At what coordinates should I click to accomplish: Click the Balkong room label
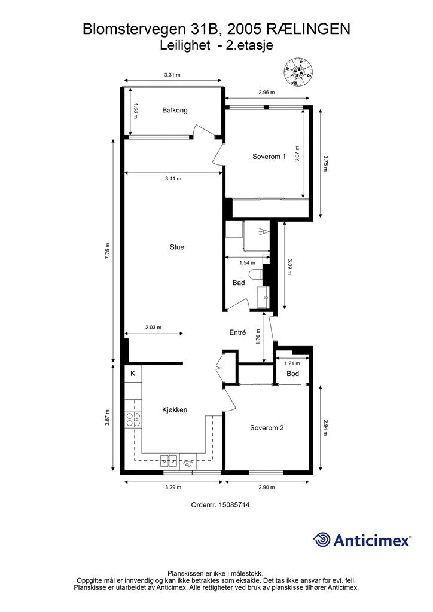(x=175, y=111)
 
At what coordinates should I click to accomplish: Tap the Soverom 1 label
(x=269, y=157)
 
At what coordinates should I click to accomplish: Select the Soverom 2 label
(x=267, y=428)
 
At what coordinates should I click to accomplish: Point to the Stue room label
(x=177, y=247)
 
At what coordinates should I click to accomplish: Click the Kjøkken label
(x=175, y=410)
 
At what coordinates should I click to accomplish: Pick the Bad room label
(x=239, y=283)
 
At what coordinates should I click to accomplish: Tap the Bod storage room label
(x=293, y=374)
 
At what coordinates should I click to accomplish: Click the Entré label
(x=237, y=332)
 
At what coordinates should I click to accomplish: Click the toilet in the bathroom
(x=256, y=274)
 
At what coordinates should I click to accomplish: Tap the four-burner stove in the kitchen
(x=133, y=420)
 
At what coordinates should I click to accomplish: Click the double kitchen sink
(x=169, y=462)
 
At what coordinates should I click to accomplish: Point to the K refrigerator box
(x=133, y=374)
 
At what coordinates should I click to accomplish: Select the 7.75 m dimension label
(x=108, y=250)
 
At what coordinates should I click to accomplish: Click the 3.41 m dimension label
(x=173, y=179)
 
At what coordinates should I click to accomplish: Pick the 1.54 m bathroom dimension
(x=247, y=263)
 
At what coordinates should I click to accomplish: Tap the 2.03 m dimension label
(x=153, y=328)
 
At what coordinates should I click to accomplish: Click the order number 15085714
(x=234, y=504)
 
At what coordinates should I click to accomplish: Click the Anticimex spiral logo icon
(x=322, y=540)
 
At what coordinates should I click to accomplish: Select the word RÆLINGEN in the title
(x=309, y=29)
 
